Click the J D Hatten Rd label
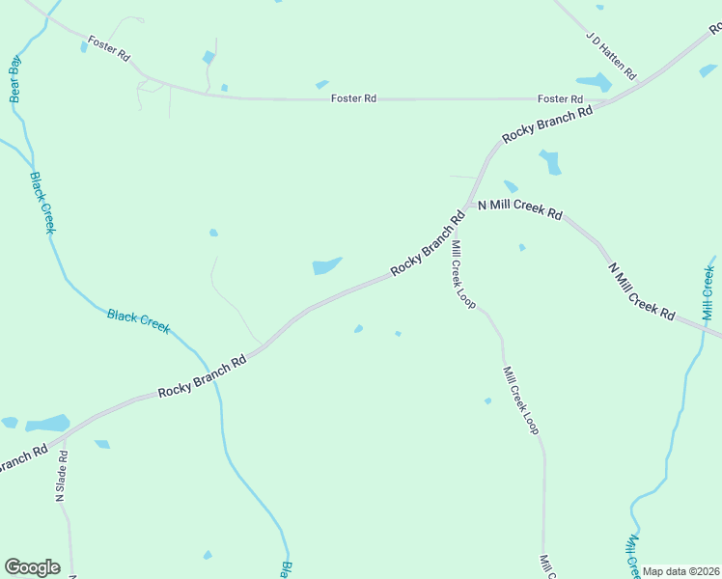611,56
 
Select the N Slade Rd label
60,477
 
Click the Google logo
32,567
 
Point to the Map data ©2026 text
681,571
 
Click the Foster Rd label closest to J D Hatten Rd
560,99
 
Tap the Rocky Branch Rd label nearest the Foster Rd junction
546,125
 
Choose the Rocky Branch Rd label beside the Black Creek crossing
203,375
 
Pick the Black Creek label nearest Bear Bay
42,202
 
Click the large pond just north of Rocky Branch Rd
326,265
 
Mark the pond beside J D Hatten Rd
593,83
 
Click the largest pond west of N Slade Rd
47,423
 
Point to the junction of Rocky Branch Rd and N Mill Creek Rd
468,205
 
